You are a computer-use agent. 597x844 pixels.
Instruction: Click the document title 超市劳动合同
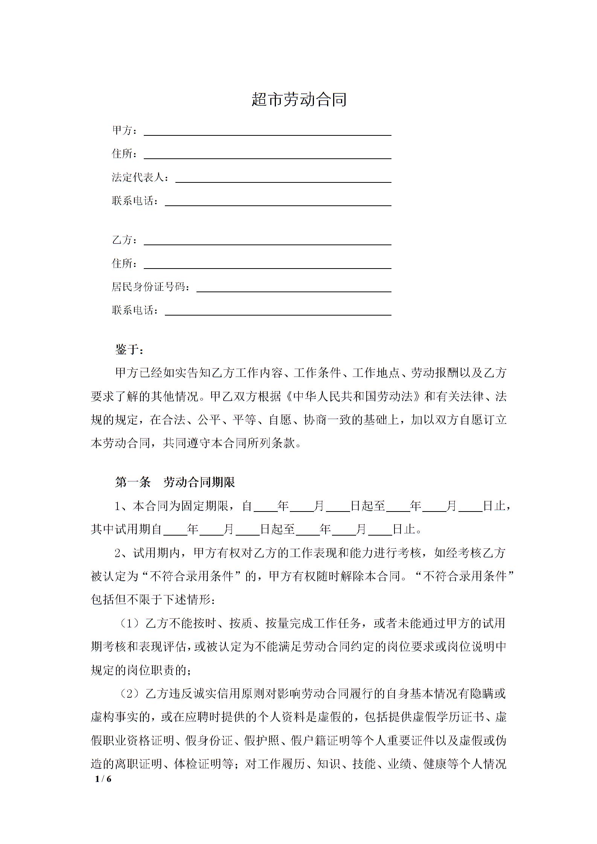pyautogui.click(x=299, y=100)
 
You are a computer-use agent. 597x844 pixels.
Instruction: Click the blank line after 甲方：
pyautogui.click(x=268, y=134)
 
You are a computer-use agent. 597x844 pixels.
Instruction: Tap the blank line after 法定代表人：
pyautogui.click(x=283, y=181)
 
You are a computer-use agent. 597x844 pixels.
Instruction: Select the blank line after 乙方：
pyautogui.click(x=268, y=243)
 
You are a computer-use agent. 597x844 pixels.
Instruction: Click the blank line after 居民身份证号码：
pyautogui.click(x=294, y=290)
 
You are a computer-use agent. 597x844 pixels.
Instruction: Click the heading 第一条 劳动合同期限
pyautogui.click(x=175, y=483)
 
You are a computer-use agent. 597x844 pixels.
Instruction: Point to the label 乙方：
pyautogui.click(x=125, y=240)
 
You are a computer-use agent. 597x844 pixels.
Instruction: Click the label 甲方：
pyautogui.click(x=125, y=130)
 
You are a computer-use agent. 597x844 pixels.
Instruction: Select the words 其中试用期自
pyautogui.click(x=126, y=530)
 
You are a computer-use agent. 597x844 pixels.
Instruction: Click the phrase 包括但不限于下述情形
pyautogui.click(x=150, y=600)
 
